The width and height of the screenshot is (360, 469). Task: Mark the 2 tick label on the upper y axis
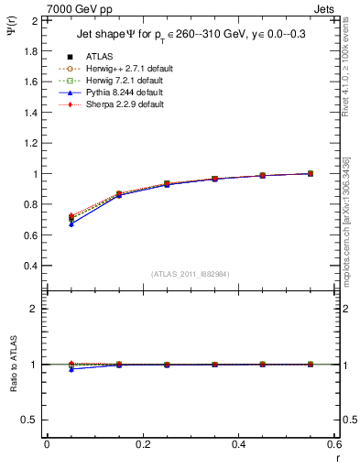click(x=34, y=20)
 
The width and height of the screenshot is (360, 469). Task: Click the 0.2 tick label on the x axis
click(x=142, y=444)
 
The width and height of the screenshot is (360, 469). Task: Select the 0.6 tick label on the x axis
click(x=333, y=444)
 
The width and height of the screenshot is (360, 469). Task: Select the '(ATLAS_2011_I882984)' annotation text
click(x=191, y=274)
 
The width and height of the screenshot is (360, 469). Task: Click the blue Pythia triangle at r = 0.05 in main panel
click(x=71, y=224)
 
